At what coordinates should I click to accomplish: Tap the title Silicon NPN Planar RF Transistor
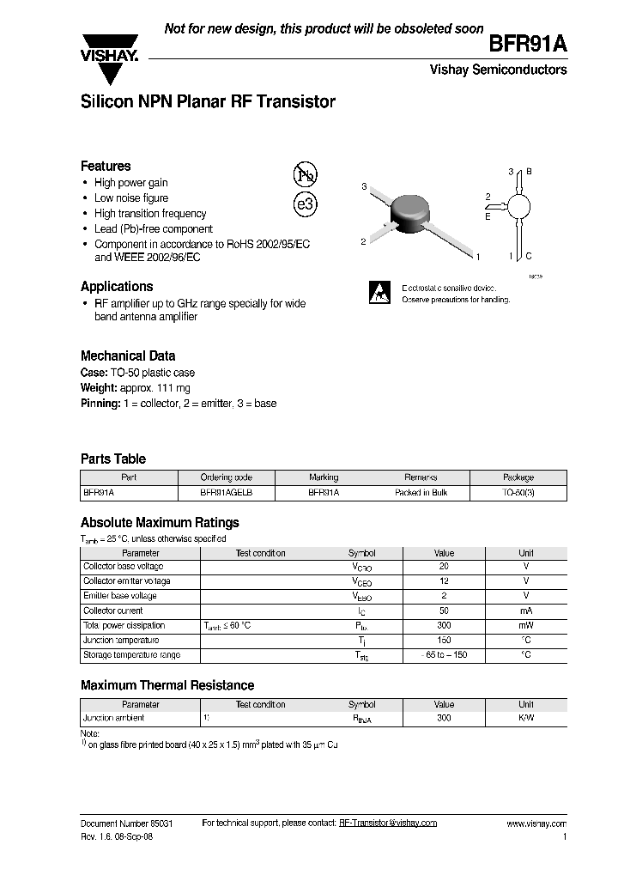[208, 102]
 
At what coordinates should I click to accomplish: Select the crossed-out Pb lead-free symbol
[305, 174]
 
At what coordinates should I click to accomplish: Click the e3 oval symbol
[305, 205]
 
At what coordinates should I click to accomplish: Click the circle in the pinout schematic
[518, 207]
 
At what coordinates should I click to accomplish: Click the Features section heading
[106, 166]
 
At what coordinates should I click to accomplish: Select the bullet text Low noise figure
[131, 197]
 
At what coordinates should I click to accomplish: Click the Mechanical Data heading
[128, 355]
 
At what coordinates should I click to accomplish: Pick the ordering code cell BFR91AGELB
[226, 493]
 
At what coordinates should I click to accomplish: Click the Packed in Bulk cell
[421, 493]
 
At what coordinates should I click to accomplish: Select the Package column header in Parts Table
[518, 477]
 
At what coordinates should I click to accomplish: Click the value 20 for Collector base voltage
[444, 567]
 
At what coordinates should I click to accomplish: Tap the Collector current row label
[112, 611]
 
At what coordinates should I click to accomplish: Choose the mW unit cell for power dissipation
[525, 625]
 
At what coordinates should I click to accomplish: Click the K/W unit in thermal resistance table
[525, 718]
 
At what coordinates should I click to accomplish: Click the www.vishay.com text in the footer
[536, 823]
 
